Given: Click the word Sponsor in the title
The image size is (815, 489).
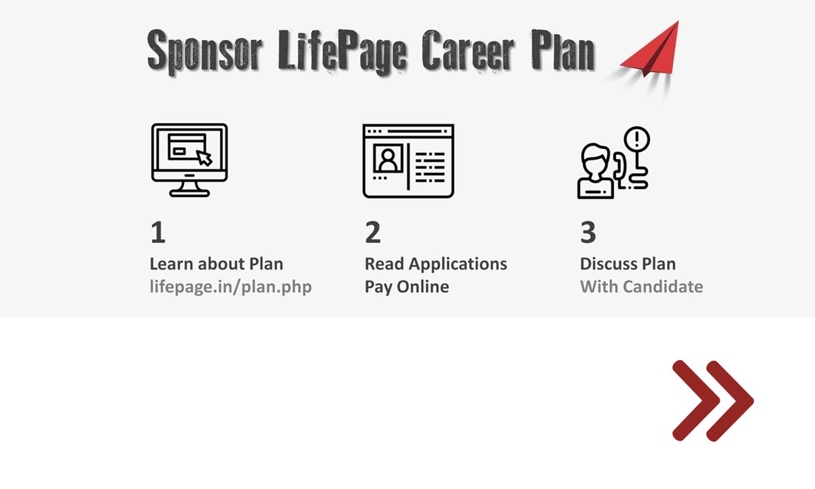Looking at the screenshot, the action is click(204, 51).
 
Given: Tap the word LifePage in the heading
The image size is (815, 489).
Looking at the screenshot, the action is click(342, 52).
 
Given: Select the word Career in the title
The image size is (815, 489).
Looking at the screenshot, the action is click(468, 50).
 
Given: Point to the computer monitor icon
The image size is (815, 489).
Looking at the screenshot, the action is click(189, 160).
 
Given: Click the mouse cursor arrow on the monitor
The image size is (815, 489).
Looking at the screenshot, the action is click(204, 158).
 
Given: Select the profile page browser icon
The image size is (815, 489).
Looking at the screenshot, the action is click(408, 161).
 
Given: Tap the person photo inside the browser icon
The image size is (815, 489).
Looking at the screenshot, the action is click(388, 158).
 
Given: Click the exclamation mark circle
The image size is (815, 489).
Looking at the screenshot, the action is click(637, 139).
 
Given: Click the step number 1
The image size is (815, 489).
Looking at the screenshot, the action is click(158, 232).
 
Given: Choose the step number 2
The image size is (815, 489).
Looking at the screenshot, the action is click(373, 232).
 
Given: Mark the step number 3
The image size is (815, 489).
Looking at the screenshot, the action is click(588, 232).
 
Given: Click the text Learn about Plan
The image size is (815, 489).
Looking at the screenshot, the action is click(217, 264).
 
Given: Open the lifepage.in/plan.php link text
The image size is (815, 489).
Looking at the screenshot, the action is click(231, 287).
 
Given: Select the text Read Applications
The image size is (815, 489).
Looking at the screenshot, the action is click(436, 264).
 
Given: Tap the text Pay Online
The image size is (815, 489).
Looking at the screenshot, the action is click(407, 287).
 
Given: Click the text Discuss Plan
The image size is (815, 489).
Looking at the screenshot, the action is click(628, 264).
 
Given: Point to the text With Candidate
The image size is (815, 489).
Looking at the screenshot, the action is click(641, 287).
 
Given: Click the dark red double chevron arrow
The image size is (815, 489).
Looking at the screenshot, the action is click(713, 401).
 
